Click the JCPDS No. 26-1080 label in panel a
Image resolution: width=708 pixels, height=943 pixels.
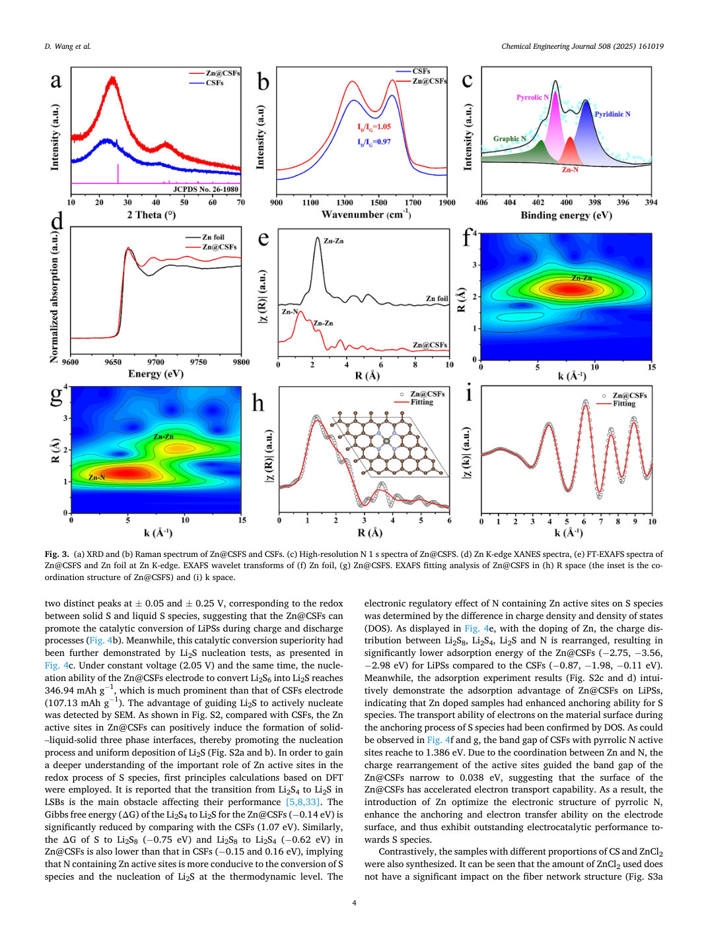(x=205, y=189)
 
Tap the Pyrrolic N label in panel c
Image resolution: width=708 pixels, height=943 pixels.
(x=532, y=98)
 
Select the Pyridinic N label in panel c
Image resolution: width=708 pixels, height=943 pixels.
(x=613, y=114)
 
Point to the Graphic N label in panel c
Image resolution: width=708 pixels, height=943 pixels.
(x=510, y=139)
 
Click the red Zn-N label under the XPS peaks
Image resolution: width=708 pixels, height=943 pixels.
(x=570, y=170)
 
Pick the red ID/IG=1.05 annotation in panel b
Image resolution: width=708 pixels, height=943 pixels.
(x=374, y=127)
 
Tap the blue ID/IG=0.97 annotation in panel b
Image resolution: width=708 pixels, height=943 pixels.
(x=374, y=142)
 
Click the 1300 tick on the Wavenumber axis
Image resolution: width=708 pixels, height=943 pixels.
(x=344, y=203)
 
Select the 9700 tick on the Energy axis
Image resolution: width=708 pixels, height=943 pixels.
(x=156, y=362)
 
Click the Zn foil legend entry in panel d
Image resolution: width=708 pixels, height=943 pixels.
(x=213, y=237)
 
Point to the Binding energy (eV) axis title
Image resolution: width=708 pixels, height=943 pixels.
(x=566, y=215)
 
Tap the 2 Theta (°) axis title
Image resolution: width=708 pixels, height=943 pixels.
(x=151, y=215)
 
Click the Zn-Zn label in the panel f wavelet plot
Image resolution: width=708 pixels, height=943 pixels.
(x=582, y=278)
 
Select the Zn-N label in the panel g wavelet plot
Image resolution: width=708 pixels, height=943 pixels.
(x=96, y=477)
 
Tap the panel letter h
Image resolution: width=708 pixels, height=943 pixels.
(x=258, y=403)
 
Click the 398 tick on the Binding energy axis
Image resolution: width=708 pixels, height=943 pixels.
(x=594, y=203)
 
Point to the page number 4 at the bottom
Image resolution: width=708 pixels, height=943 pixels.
(x=354, y=903)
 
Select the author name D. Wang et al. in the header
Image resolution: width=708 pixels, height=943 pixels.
(x=68, y=46)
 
